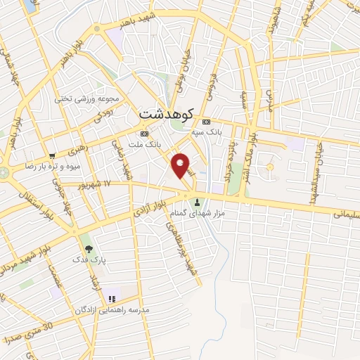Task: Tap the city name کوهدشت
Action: tap(165, 113)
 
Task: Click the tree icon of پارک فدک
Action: tap(88, 249)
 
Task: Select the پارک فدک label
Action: tap(89, 259)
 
